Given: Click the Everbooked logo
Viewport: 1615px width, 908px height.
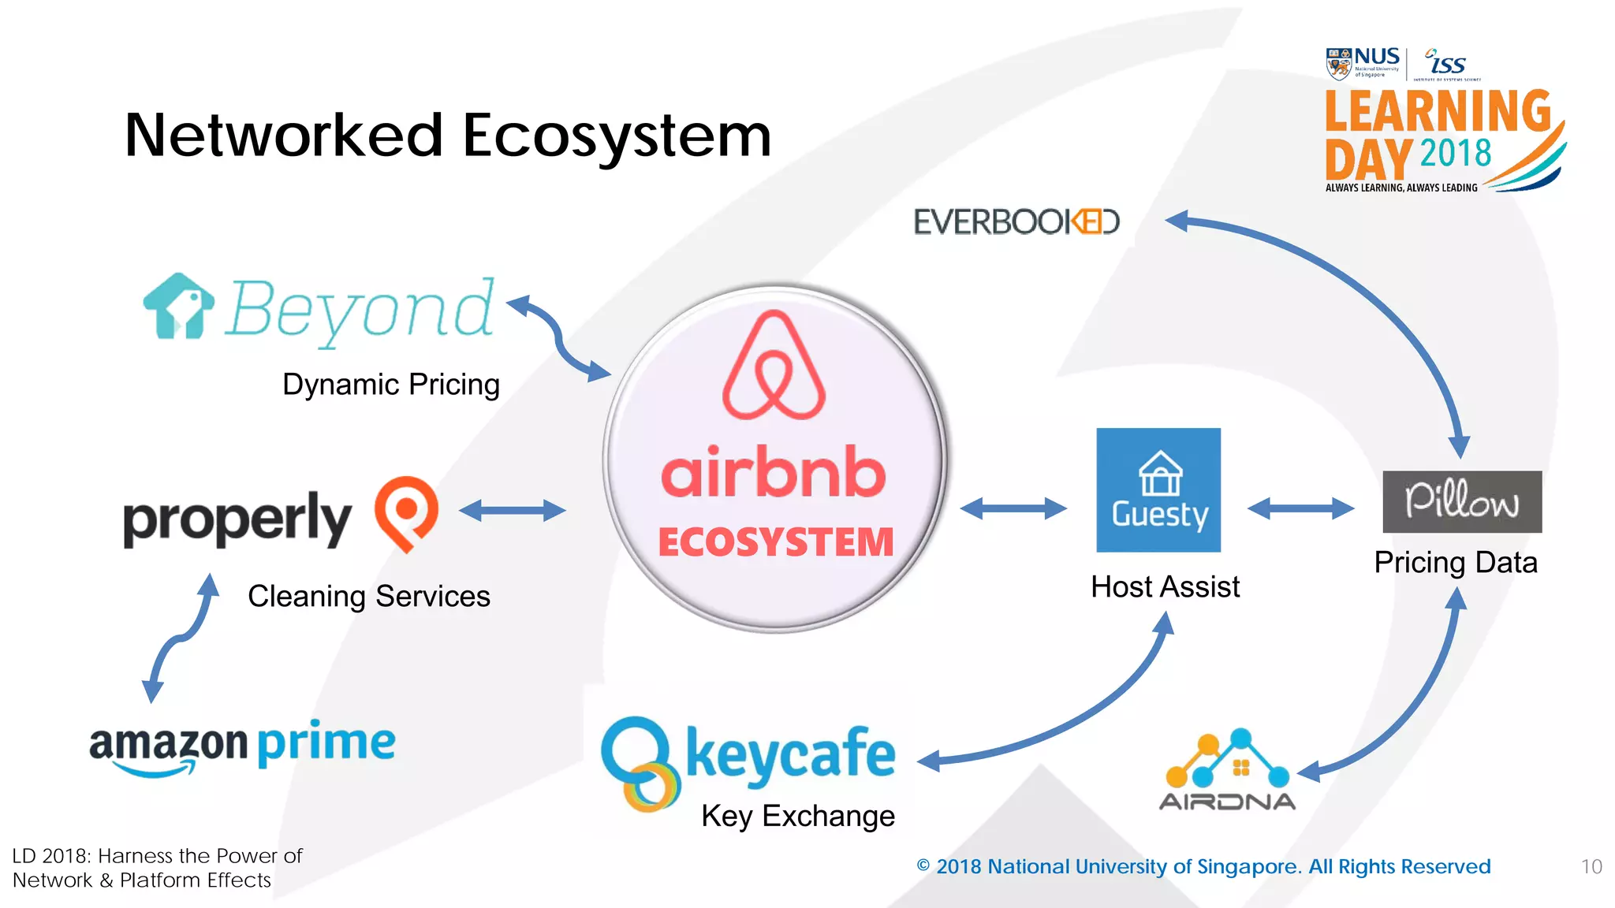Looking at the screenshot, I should (x=1016, y=222).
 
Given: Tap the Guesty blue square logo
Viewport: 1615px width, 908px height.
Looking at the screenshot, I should (x=1158, y=489).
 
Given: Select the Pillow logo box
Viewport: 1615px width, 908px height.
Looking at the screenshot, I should (x=1462, y=502).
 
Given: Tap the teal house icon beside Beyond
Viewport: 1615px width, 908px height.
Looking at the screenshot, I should (x=178, y=307).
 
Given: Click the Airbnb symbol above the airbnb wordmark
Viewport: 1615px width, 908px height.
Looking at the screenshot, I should (x=774, y=366).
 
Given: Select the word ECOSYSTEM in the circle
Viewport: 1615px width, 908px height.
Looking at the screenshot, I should (x=776, y=542).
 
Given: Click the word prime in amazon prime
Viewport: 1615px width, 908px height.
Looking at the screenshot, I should (x=326, y=742).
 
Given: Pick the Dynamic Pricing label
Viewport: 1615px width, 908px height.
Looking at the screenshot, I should (x=391, y=385).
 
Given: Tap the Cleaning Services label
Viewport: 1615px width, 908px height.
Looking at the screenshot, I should (x=369, y=597).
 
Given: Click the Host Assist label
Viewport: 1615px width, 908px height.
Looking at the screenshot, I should (x=1165, y=587).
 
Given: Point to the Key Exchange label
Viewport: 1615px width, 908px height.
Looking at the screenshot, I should (x=798, y=817).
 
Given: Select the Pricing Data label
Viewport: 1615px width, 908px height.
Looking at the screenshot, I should (x=1456, y=563).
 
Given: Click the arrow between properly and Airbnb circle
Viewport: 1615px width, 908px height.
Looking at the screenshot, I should (x=513, y=511).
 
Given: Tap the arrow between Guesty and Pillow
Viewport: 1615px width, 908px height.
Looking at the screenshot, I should (x=1301, y=508).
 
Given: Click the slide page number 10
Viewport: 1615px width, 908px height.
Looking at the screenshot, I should (x=1591, y=867).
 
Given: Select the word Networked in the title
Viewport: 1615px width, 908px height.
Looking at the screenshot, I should (x=284, y=136).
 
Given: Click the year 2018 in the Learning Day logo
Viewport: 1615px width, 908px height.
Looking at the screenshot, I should (x=1456, y=153).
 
